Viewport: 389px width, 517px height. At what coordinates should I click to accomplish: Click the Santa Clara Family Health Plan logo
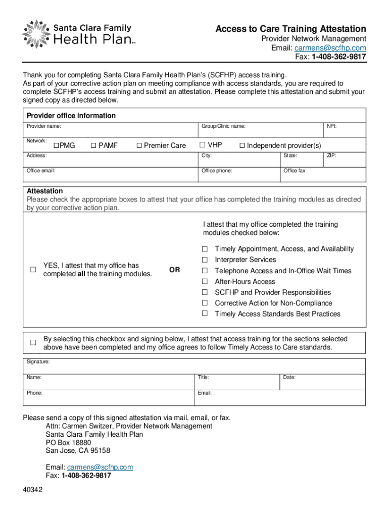click(79, 34)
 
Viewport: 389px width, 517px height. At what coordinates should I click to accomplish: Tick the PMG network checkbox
click(57, 146)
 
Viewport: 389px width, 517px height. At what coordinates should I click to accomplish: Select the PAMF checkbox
click(93, 146)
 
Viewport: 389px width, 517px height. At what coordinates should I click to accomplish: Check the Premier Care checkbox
click(139, 146)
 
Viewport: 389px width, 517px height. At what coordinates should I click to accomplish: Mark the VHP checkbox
click(203, 145)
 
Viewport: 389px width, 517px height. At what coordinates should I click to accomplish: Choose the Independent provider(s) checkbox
click(242, 146)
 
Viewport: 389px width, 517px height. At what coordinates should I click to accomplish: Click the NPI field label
click(331, 126)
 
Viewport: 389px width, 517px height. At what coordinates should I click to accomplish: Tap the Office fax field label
click(295, 171)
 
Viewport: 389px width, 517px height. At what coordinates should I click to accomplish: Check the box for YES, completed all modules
click(33, 270)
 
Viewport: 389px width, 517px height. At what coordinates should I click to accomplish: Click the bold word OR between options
click(174, 270)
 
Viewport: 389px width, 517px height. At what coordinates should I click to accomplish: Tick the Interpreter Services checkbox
click(205, 260)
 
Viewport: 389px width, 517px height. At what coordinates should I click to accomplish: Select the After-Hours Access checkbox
click(205, 282)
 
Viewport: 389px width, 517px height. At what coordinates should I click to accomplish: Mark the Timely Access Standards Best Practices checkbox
click(205, 314)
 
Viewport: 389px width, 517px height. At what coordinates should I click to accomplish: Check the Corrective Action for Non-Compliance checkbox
click(205, 303)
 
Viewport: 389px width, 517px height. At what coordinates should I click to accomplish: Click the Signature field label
click(38, 362)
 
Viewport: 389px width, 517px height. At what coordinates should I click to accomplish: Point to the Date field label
click(289, 377)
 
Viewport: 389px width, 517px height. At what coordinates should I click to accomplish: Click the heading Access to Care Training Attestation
click(290, 29)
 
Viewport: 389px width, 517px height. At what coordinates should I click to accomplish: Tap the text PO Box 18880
click(68, 442)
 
